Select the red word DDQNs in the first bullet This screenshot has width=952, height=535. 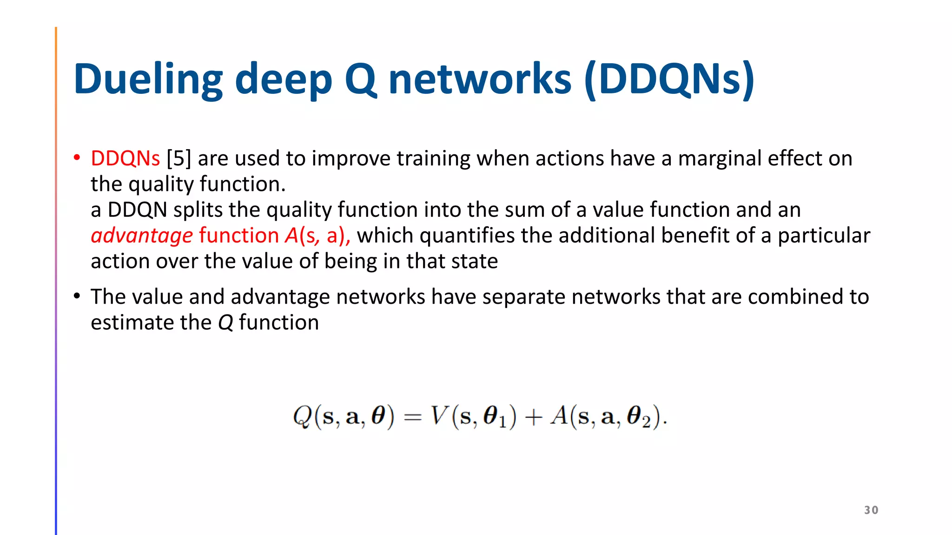[x=125, y=158]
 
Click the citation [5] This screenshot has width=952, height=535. [x=179, y=158]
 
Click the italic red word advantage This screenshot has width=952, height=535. [x=142, y=235]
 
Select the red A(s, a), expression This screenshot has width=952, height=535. [x=318, y=235]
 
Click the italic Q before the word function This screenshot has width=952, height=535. [x=225, y=323]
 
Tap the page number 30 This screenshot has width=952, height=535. [x=871, y=510]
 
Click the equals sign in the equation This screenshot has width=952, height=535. [x=412, y=417]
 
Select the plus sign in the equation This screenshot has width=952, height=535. [x=533, y=417]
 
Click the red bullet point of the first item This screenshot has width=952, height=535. [x=77, y=158]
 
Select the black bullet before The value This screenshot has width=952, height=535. [x=77, y=296]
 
